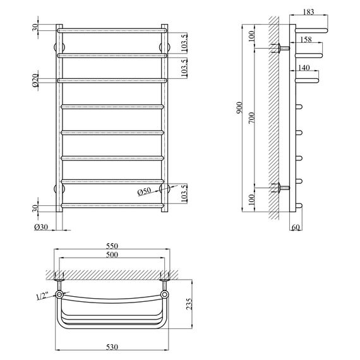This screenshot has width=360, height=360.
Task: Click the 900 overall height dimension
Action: [x=239, y=109]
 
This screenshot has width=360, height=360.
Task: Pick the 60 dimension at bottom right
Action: [x=297, y=227]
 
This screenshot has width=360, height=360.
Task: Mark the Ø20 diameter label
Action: [x=37, y=80]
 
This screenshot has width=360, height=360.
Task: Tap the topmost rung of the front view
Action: [x=112, y=30]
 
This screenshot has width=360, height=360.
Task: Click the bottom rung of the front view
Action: [x=112, y=205]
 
